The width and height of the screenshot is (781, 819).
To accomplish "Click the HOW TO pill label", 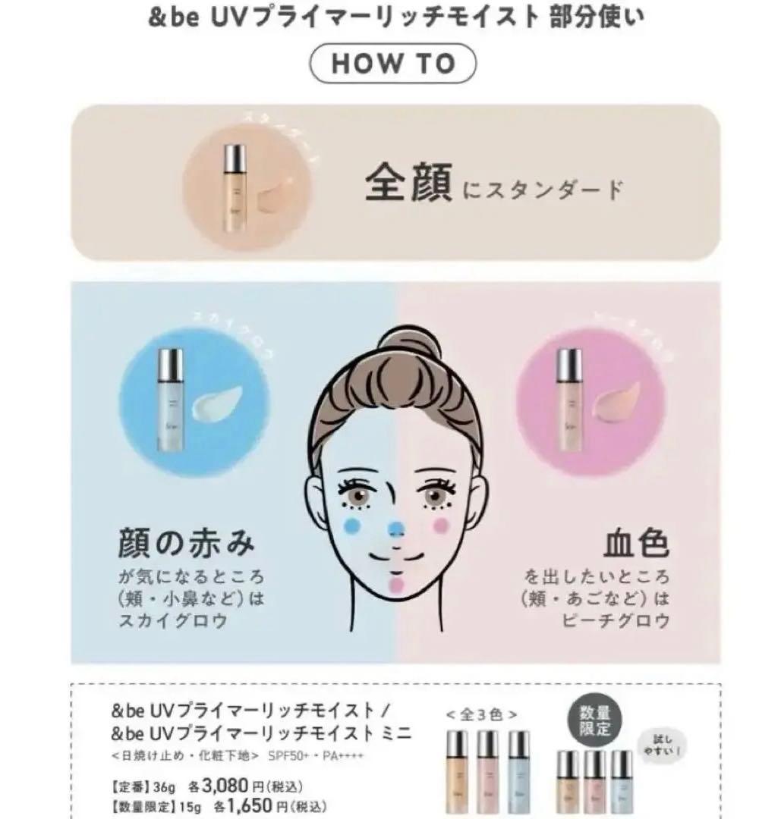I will pos(393,63).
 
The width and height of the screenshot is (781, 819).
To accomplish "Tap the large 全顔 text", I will pos(409,184).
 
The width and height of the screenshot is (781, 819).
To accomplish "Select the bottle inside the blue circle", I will pos(171,400).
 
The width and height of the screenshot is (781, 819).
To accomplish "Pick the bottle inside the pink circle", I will pos(568,400).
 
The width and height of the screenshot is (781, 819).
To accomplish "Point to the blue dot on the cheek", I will pos(351,524).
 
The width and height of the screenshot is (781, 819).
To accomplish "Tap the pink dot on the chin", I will pos(395,584).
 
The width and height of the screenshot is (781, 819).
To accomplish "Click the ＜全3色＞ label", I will pos(483,714).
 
